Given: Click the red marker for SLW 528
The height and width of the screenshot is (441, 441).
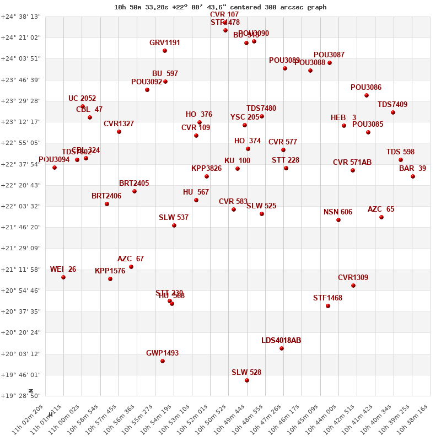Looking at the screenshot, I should coord(247,380).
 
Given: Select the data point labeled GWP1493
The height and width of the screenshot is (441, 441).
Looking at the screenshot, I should coord(163,361).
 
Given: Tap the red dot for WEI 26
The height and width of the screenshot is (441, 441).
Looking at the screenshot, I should coord(63,277).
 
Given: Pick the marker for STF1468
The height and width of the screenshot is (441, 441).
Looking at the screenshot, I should coord(328,306).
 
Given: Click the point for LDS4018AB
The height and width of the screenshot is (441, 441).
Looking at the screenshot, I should coord(282,348).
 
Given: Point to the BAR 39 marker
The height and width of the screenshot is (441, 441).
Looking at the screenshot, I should coord(413,176).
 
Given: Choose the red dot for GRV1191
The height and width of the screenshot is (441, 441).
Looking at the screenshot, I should coord(165,51).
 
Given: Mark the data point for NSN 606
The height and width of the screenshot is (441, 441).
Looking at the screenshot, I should coord(338,220).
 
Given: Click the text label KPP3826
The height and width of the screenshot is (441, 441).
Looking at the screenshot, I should coord(206,168).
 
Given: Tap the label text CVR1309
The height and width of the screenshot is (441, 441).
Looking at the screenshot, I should coord(353,277).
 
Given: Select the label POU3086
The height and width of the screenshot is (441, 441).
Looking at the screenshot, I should coord(366,87).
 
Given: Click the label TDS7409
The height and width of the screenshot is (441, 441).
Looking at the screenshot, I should coord(392,104).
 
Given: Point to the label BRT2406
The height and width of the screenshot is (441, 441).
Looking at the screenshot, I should coord(106,196).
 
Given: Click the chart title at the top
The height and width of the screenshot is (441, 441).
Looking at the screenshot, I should coord(220,7).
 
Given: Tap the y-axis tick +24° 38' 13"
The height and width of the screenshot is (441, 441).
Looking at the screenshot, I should coord(21,17).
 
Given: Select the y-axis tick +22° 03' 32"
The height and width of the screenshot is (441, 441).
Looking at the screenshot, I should coord(21,206).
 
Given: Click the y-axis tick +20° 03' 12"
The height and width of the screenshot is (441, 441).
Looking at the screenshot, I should coord(21,354).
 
